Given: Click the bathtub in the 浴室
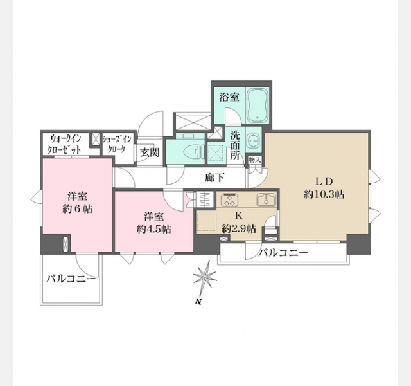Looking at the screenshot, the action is (x=257, y=106).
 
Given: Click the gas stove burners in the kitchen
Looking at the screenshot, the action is (x=230, y=200).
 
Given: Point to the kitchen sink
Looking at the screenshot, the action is (x=266, y=200).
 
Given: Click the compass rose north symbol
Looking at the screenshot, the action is (x=205, y=277).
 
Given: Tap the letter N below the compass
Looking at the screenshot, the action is (x=198, y=302).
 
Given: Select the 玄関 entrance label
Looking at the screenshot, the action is (x=150, y=152).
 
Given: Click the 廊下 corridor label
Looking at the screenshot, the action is (x=215, y=178).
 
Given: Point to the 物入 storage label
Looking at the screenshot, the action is (x=255, y=160).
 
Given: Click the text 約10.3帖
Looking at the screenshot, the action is (x=324, y=194).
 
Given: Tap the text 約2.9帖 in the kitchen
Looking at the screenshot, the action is (x=239, y=229).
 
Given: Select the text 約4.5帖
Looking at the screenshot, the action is (x=153, y=229).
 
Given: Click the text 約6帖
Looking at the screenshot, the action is (x=77, y=209).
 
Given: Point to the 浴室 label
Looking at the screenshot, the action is (x=229, y=97).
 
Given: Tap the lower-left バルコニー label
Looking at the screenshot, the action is (x=71, y=279).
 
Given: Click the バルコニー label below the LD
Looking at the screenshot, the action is (x=283, y=253).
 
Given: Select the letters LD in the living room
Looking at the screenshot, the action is (x=324, y=181).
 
